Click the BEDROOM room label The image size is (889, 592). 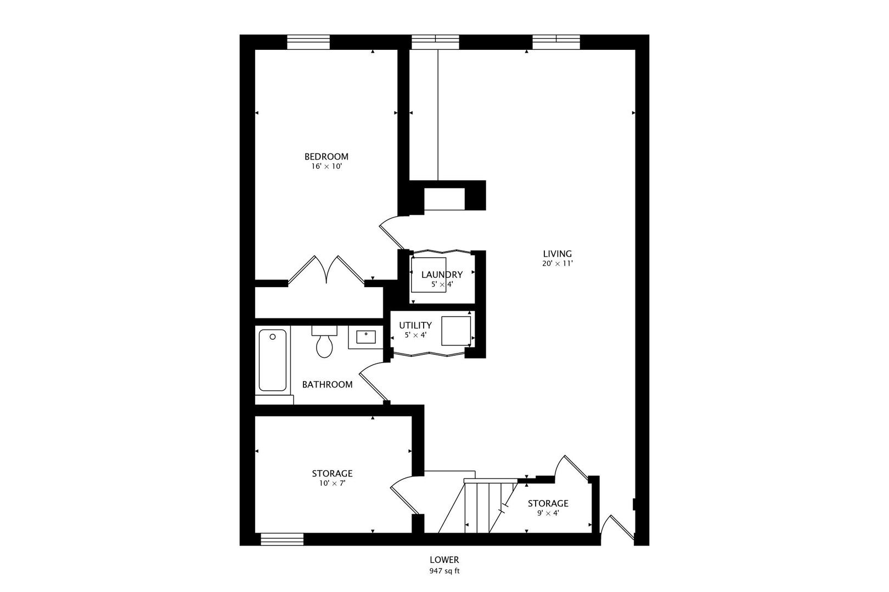[327, 156]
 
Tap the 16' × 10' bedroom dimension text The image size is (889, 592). [327, 166]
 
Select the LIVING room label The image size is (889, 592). [557, 254]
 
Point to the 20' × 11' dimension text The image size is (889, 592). [557, 264]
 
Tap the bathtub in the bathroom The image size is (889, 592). [272, 360]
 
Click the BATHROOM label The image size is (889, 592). [327, 385]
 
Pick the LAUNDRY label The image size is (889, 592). [442, 275]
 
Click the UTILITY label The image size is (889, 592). [415, 326]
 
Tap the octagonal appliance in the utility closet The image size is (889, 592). [456, 331]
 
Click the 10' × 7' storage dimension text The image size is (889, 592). [332, 483]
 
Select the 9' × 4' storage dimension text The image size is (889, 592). [548, 514]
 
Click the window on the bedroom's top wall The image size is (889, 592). [309, 42]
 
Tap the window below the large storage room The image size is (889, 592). [282, 539]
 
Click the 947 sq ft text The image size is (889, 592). [444, 571]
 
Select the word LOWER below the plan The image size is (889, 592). [444, 560]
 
